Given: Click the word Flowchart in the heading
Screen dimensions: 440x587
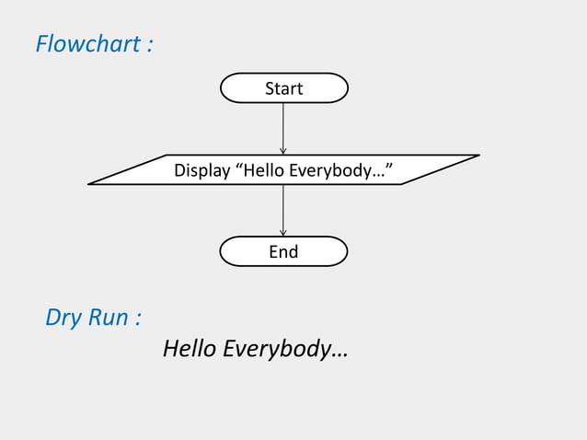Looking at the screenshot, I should point(86,43).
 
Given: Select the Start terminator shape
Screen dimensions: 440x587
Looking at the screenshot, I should point(283,88).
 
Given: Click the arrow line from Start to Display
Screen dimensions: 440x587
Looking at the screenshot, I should point(283,124).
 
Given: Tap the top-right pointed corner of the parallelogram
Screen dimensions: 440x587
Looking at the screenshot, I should point(477,156).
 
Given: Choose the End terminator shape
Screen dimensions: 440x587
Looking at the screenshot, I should point(283,251).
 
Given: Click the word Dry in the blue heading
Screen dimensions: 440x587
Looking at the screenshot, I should point(63,318).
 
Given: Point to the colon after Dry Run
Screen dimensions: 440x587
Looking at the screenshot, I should point(138,319).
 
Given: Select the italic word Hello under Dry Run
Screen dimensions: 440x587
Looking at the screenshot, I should point(190,350).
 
